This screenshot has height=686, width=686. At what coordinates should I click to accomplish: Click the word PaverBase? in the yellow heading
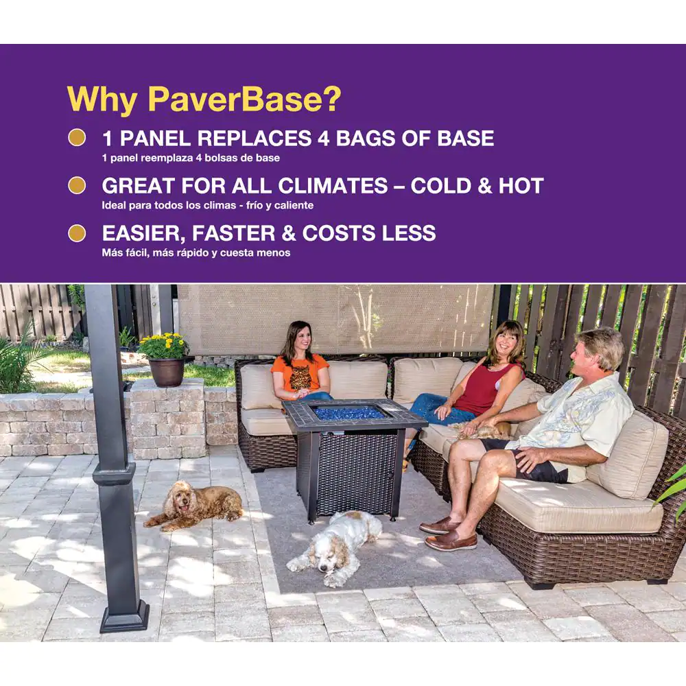244,99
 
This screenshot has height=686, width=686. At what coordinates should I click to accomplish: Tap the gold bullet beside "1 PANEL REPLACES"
77,137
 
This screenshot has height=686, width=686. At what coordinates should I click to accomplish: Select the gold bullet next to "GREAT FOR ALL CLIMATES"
77,185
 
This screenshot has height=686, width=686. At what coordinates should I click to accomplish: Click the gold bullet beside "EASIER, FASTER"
77,233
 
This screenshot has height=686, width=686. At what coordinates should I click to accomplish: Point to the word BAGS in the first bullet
365,139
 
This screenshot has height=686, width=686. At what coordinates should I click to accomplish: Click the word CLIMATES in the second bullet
333,185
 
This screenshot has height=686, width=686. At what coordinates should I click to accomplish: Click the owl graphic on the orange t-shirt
300,377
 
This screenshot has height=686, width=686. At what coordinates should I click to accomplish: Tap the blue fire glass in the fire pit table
348,412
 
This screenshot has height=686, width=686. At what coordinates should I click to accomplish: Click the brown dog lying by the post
193,506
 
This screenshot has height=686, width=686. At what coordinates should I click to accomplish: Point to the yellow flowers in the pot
164,346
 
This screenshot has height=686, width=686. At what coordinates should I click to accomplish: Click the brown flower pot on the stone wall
167,372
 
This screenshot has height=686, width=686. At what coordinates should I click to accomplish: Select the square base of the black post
125,617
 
